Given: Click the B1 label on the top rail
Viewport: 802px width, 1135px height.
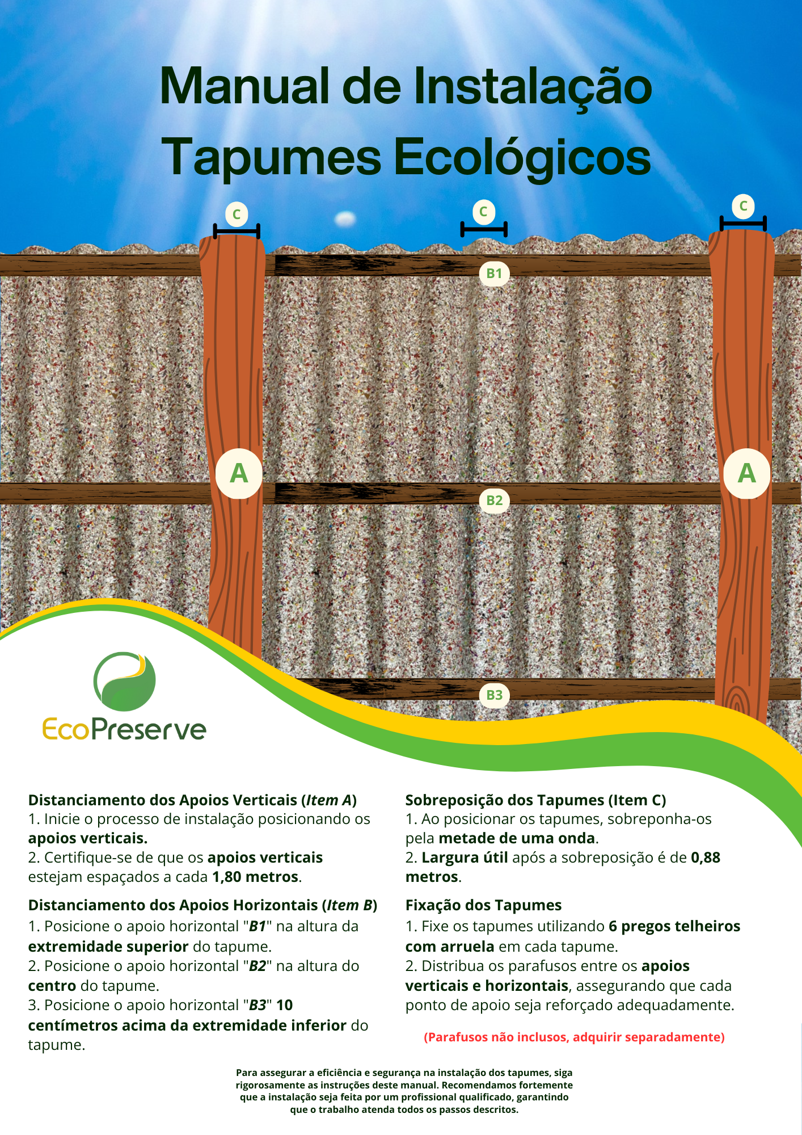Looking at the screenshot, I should pyautogui.click(x=494, y=274).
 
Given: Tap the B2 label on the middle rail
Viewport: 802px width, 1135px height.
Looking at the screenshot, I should pyautogui.click(x=494, y=501).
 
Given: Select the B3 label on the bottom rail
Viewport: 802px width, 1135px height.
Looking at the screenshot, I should pyautogui.click(x=494, y=695).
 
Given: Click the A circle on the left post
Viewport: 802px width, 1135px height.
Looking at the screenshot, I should pyautogui.click(x=239, y=473).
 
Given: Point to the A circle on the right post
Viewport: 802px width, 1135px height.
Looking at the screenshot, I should pyautogui.click(x=746, y=473).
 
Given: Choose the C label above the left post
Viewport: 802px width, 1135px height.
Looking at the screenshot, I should pyautogui.click(x=237, y=215).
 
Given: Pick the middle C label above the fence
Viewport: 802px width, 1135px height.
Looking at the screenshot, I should pyautogui.click(x=483, y=212).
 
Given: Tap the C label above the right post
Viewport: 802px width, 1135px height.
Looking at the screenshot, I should pyautogui.click(x=743, y=206).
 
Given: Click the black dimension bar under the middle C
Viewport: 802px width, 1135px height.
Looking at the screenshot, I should pyautogui.click(x=483, y=229).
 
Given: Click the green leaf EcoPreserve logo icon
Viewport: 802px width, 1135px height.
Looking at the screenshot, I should pyautogui.click(x=125, y=682).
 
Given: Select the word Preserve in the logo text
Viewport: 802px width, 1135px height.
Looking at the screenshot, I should pyautogui.click(x=156, y=730).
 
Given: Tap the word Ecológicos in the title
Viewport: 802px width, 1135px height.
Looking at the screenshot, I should pyautogui.click(x=522, y=157).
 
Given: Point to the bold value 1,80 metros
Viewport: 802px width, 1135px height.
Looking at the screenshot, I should pyautogui.click(x=255, y=877).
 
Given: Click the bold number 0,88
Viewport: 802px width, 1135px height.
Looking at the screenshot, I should pyautogui.click(x=706, y=857).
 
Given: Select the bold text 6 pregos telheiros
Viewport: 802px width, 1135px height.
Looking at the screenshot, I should pyautogui.click(x=674, y=926).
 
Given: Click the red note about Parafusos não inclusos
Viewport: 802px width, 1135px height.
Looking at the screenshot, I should pyautogui.click(x=574, y=1037).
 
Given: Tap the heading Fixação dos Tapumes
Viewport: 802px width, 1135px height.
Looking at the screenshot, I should pyautogui.click(x=483, y=905).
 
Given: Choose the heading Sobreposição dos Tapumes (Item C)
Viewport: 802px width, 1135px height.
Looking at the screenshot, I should pyautogui.click(x=535, y=800).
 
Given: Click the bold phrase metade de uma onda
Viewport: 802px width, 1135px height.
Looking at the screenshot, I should pyautogui.click(x=517, y=838).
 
